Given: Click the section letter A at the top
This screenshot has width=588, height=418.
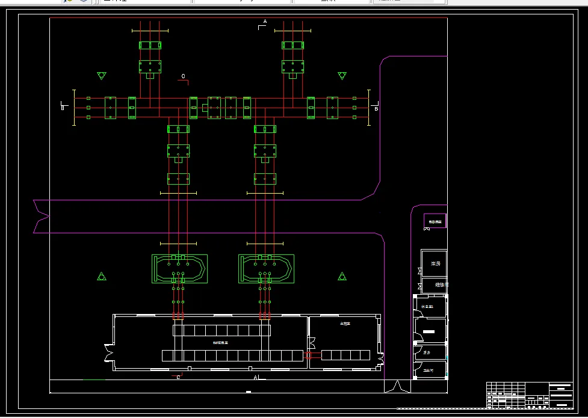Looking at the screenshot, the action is pyautogui.click(x=265, y=22).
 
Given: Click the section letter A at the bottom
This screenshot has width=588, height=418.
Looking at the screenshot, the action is pyautogui.click(x=256, y=377).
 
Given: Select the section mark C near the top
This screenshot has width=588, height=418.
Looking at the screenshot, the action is pyautogui.click(x=184, y=76).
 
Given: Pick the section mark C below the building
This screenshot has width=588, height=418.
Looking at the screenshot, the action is pyautogui.click(x=178, y=377).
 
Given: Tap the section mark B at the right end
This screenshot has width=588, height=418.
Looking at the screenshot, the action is pyautogui.click(x=376, y=109).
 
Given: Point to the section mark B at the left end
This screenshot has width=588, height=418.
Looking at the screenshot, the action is pyautogui.click(x=63, y=108).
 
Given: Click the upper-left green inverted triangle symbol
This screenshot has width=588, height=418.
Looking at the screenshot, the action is pyautogui.click(x=102, y=76).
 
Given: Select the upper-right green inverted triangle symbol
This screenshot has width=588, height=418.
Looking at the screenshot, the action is pyautogui.click(x=342, y=76).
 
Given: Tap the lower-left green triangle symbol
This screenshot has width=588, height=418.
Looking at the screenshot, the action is pyautogui.click(x=102, y=277).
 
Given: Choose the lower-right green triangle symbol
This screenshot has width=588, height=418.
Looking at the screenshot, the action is pyautogui.click(x=342, y=277).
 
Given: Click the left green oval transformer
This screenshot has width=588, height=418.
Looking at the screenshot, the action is pyautogui.click(x=179, y=269).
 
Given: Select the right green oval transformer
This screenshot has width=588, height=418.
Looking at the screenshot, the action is pyautogui.click(x=266, y=269).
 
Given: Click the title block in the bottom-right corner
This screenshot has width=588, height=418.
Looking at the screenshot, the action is pyautogui.click(x=529, y=395).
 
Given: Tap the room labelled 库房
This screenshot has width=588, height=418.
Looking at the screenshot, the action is pyautogui.click(x=434, y=263).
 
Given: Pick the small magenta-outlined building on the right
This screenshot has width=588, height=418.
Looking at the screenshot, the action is pyautogui.click(x=435, y=221).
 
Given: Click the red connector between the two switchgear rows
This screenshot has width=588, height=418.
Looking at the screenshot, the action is pyautogui.click(x=315, y=356).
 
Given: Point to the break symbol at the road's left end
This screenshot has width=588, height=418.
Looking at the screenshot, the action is pyautogui.click(x=41, y=216).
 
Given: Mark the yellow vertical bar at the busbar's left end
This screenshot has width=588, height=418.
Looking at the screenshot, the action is pyautogui.click(x=74, y=108).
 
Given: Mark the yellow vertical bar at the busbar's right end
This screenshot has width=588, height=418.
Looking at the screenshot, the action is pyautogui.click(x=368, y=108).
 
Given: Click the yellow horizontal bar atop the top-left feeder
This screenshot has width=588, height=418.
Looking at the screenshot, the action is pyautogui.click(x=150, y=30).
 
